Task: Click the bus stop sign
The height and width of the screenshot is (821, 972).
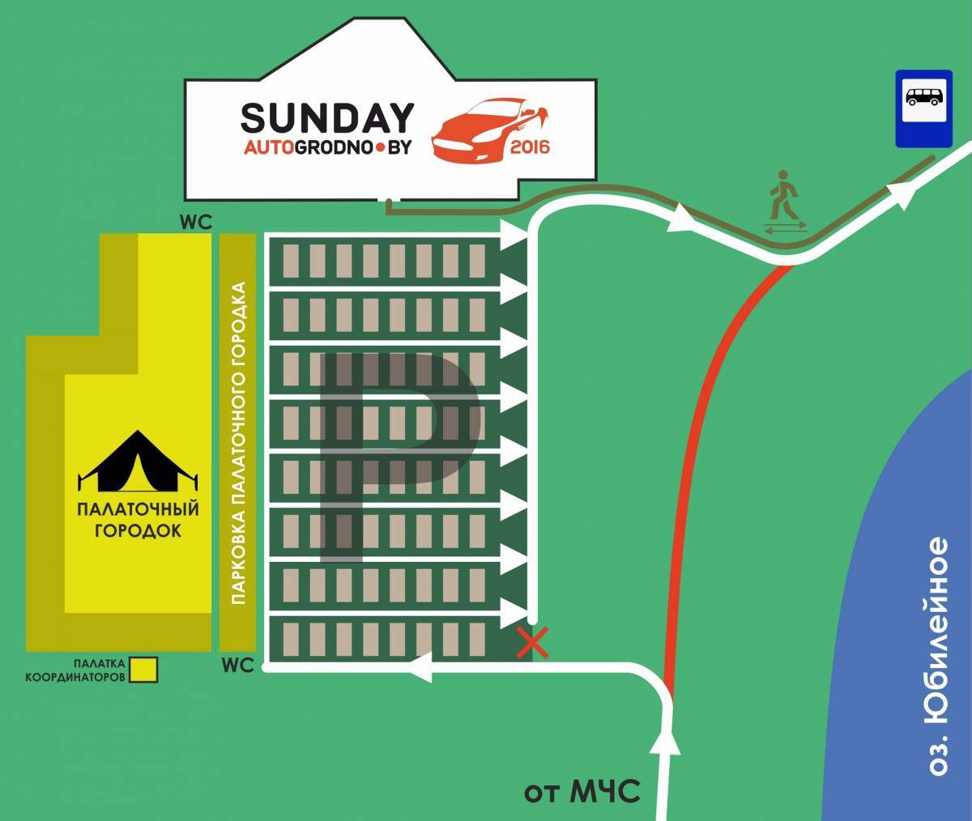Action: click(x=923, y=108)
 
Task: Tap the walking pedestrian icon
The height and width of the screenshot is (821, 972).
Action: click(x=783, y=195)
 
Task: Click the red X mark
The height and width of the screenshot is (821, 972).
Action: click(x=532, y=644)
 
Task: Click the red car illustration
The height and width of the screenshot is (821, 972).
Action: click(x=490, y=130)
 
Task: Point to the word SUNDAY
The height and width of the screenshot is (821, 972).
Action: click(x=327, y=118)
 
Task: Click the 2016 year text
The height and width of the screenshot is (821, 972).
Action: click(x=531, y=147)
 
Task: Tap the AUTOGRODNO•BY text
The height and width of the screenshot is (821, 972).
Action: click(x=328, y=149)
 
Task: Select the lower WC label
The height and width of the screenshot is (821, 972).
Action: click(x=237, y=666)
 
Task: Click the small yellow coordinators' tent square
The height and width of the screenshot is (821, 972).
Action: click(x=145, y=669)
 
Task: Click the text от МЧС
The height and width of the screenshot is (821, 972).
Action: click(x=582, y=789)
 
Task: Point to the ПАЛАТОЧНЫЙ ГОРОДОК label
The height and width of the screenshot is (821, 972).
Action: click(x=137, y=521)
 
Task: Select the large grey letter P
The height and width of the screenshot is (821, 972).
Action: click(x=397, y=453)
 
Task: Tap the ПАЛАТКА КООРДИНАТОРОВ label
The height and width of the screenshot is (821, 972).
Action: click(x=75, y=669)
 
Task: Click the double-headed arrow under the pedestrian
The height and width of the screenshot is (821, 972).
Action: click(x=784, y=230)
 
